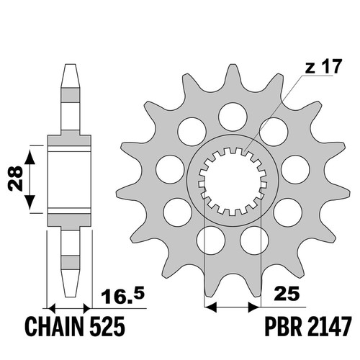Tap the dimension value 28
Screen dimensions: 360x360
click(x=15, y=179)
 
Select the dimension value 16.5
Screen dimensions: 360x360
click(x=122, y=294)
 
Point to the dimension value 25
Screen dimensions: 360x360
click(x=288, y=293)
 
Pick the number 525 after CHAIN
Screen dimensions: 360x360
click(x=107, y=326)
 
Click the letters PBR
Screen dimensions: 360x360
click(x=283, y=326)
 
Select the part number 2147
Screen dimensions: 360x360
click(x=329, y=326)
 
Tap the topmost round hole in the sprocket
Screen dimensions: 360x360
click(x=233, y=117)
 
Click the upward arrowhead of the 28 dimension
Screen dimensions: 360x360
click(x=30, y=157)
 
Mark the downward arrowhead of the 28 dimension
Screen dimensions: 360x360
click(x=30, y=202)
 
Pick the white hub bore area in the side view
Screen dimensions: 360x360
click(x=69, y=180)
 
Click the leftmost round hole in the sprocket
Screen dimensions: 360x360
click(x=170, y=169)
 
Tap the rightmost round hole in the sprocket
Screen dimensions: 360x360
click(x=295, y=169)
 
